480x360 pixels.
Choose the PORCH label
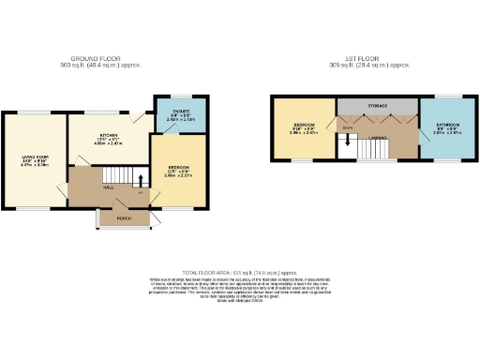123,220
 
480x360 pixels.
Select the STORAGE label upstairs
376,105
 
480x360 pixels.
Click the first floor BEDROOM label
304,125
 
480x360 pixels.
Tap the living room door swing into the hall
63,192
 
